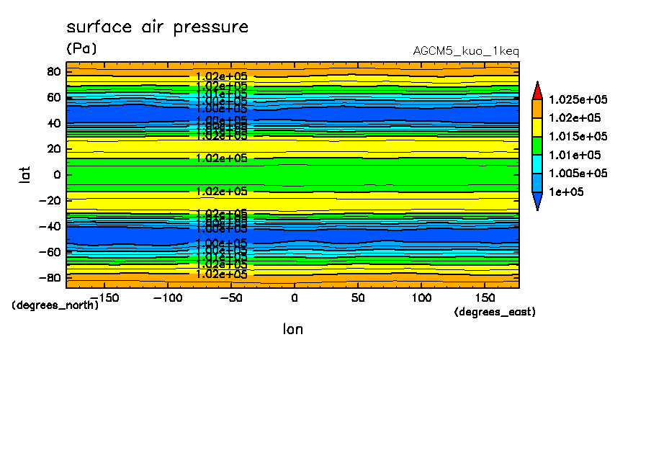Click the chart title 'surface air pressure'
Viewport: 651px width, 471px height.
(157, 27)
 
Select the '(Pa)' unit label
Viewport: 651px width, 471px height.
(81, 49)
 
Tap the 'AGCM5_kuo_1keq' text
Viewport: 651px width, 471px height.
(466, 51)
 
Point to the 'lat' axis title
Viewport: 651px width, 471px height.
(25, 174)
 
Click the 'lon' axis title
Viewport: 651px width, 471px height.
(292, 329)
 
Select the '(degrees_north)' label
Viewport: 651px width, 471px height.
(55, 305)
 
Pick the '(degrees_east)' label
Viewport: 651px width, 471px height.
(495, 312)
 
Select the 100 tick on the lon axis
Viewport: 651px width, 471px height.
(421, 297)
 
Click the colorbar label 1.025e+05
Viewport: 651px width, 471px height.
(578, 99)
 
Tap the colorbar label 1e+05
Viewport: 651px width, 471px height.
(566, 192)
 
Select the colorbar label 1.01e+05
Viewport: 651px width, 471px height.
(574, 155)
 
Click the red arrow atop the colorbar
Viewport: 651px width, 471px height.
(536, 90)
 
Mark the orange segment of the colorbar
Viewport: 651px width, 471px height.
(536, 109)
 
